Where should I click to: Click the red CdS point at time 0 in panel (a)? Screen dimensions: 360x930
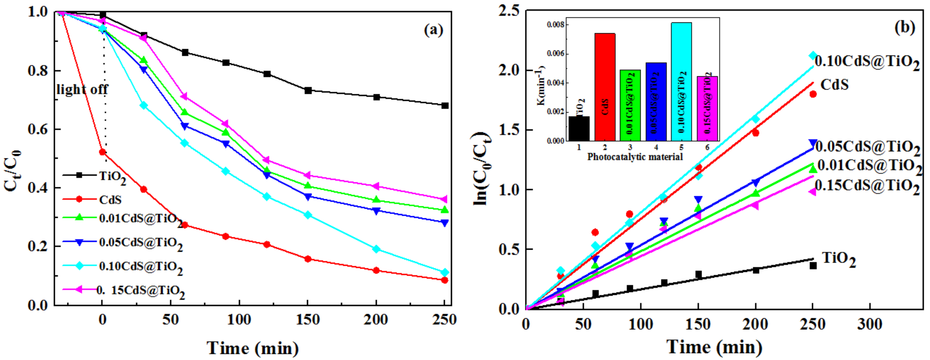click(103, 152)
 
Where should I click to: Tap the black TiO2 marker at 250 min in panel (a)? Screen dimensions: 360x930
click(445, 106)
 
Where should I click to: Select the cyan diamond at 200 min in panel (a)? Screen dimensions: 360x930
click(376, 249)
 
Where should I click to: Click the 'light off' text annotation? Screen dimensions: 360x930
click(82, 89)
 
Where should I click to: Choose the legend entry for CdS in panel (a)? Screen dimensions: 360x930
click(110, 199)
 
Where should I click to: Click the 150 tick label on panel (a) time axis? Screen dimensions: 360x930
click(308, 320)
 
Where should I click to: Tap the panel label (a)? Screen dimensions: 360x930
click(433, 30)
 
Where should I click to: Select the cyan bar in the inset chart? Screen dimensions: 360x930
click(681, 82)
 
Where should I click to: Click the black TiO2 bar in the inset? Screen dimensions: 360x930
click(579, 128)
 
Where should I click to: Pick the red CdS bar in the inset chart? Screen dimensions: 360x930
click(605, 87)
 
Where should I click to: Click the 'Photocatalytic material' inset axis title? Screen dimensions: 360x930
click(635, 157)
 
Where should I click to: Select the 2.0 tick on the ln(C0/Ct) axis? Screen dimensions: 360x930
click(509, 70)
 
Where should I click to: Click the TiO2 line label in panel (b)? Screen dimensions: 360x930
click(839, 259)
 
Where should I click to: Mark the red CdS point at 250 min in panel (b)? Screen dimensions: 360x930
click(813, 94)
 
